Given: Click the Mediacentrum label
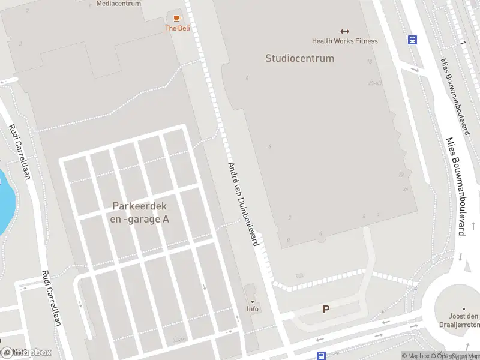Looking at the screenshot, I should pos(118,4).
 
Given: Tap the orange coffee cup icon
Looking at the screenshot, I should pos(177,19).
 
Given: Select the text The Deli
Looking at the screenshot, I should pos(177,28).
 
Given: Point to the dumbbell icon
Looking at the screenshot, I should pos(344,31).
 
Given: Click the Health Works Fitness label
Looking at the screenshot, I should pos(344,41).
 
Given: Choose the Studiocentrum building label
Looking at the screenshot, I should pos(299,58).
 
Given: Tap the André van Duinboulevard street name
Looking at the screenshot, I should pos(243,204).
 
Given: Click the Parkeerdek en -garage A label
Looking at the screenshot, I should pos(140,212).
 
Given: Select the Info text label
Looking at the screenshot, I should pos(253,309).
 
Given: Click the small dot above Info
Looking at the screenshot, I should pos(253,301).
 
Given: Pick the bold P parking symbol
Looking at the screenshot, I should pos(326,310).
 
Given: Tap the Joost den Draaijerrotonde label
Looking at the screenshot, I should pos(466,320).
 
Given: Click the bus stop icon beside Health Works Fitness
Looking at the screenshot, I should pos(413,40).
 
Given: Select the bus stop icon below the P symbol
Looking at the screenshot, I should pos(321,356).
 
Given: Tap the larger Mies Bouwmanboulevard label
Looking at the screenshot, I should pos(457,186).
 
